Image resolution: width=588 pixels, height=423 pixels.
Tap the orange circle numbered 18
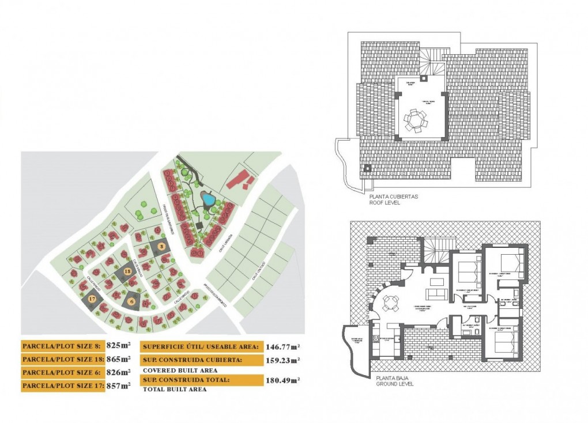tap(127, 272)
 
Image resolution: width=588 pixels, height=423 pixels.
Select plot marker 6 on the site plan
tap(131, 300)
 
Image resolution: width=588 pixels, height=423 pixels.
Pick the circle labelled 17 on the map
tap(92, 299)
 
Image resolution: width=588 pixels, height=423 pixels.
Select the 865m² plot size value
tap(119, 359)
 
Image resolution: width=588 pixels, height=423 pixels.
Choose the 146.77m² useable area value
tap(282, 346)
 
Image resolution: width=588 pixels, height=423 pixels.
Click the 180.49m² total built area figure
tap(282, 380)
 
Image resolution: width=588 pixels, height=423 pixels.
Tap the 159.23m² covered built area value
tap(282, 360)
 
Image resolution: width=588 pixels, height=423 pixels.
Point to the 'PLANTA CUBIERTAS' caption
tap(394, 196)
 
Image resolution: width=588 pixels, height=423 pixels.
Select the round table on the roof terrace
tap(416, 120)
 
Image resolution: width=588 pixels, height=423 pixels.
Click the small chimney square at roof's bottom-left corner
tap(367, 168)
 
